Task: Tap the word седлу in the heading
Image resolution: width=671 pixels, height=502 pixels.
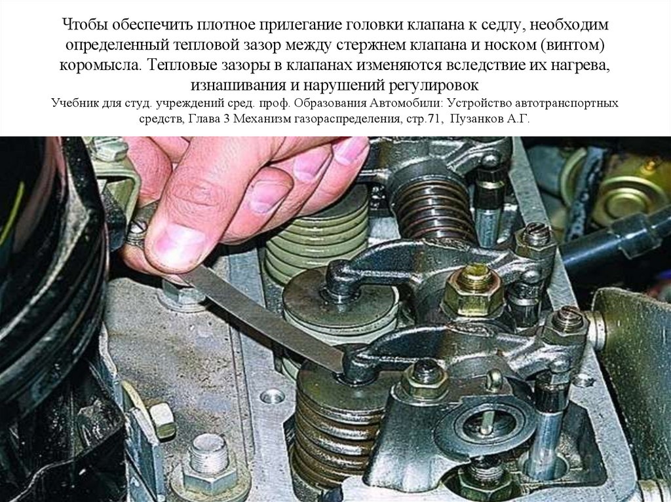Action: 497,26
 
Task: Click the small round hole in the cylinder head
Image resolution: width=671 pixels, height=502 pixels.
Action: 272,396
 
